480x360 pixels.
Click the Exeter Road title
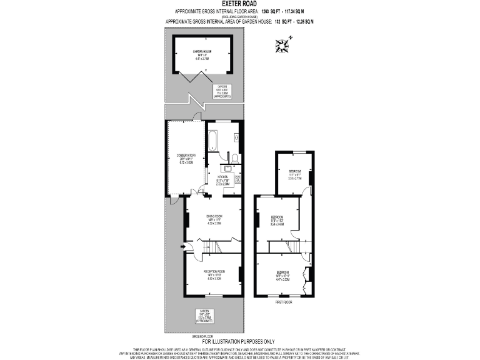pos(239,4)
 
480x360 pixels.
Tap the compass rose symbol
pos(283,44)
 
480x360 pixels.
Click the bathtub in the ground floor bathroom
pos(213,141)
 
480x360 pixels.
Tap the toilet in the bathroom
pos(234,157)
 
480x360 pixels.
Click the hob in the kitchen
pos(238,179)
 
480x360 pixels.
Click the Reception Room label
pos(214,274)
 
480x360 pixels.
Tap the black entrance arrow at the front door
pos(182,246)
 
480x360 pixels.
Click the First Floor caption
pos(284,302)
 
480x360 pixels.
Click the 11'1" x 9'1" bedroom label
pos(295,175)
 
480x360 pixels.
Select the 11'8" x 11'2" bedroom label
pos(277,221)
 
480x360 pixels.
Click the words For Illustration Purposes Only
pos(239,341)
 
